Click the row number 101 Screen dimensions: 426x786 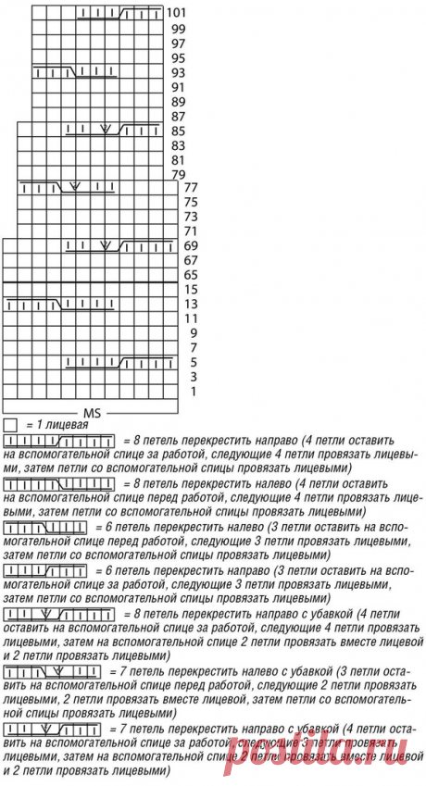tap(177, 14)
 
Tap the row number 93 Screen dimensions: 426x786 tap(177, 72)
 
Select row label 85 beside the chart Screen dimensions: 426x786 tap(177, 131)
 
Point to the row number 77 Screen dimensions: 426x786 tap(192, 188)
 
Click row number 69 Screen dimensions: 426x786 tap(192, 246)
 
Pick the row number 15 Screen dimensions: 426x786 tap(190, 289)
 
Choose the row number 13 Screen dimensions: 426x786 tap(190, 304)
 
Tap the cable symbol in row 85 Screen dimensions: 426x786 tap(106, 131)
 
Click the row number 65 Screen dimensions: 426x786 tap(190, 275)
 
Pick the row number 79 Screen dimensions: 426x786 tap(177, 174)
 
